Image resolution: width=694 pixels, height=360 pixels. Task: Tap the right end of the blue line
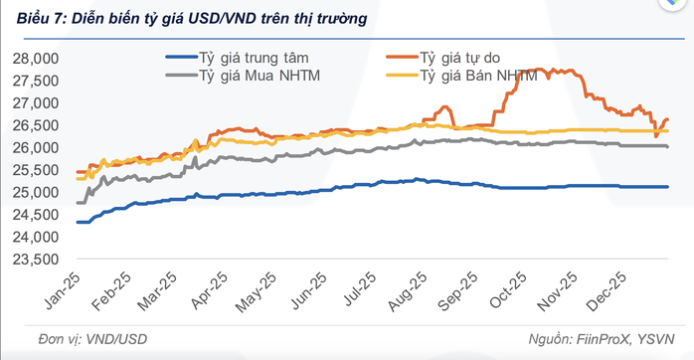(x=668, y=187)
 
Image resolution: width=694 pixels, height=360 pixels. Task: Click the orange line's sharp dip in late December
(x=656, y=135)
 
